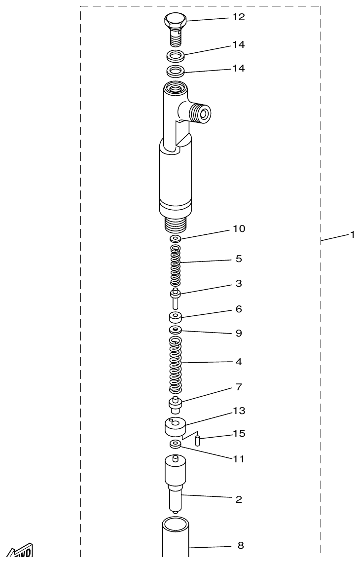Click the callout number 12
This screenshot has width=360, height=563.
pos(239,17)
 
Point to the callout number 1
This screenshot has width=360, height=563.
pos(352,235)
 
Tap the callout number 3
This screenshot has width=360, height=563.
pos(239,284)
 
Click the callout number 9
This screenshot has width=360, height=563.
pos(239,334)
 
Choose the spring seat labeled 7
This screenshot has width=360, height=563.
pos(175,405)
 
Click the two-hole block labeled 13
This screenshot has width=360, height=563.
pos(175,426)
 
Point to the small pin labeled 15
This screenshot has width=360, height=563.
pos(197,440)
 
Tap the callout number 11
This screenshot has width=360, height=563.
pos(239,459)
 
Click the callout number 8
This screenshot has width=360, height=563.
pos(241,546)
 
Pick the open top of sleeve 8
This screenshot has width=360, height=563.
pos(176,523)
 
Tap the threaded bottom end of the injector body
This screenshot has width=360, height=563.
pos(175,225)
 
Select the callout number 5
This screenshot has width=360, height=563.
pos(239,259)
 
